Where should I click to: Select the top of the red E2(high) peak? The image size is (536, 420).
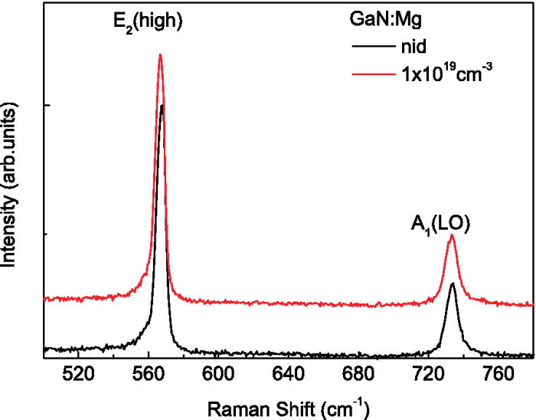coord(160,54)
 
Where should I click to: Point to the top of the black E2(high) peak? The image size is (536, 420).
coord(162,106)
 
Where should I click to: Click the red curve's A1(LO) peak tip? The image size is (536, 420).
coord(453,235)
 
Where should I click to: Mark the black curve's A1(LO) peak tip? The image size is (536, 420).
coord(453,283)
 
